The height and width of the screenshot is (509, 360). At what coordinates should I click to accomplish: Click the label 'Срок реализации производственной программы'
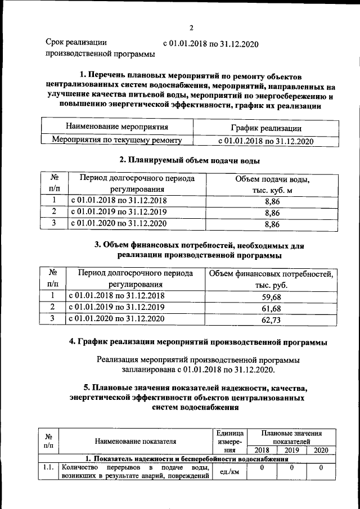coord(100,48)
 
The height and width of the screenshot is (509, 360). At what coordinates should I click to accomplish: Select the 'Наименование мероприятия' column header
coord(117,128)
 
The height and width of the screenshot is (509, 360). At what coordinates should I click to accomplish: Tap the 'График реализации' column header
coord(265,129)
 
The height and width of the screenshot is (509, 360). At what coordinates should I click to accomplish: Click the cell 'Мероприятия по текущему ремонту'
coord(117,141)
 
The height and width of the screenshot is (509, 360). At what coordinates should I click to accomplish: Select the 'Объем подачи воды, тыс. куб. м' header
coord(272,184)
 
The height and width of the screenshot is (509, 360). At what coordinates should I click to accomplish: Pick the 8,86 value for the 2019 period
coord(272,212)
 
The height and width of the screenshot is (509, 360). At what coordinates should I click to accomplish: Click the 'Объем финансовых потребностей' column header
coord(271,280)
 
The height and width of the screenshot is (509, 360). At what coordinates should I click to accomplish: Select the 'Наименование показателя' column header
coord(136,442)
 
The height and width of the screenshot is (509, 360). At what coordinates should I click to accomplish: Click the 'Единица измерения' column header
coord(229,442)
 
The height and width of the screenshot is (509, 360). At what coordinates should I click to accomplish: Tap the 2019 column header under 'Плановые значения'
coord(291,451)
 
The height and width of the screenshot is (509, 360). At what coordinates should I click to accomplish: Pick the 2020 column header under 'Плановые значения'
coord(321,451)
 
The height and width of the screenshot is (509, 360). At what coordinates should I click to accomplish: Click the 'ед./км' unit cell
coord(229,471)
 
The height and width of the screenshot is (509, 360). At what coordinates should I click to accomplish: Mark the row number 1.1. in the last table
coord(48,467)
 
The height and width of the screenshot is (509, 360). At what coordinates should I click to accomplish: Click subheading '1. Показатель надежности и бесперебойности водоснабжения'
coord(183,459)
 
